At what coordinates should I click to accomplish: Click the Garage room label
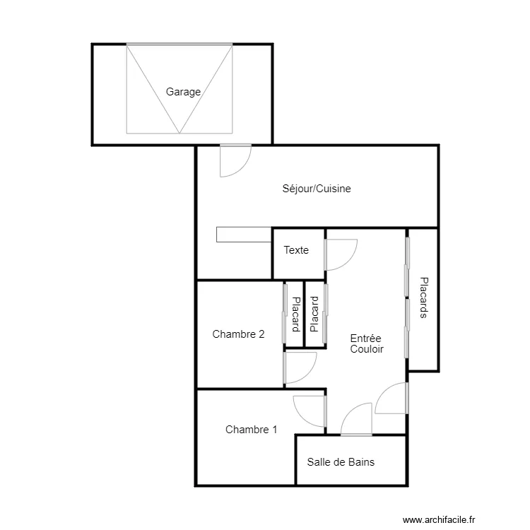[183, 92]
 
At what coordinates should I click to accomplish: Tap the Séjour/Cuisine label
[317, 189]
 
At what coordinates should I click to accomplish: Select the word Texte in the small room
[296, 250]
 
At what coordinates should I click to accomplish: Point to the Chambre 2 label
[238, 334]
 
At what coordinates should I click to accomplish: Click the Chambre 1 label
[251, 429]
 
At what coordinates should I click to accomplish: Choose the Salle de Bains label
[341, 462]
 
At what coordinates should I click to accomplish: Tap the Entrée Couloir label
[366, 343]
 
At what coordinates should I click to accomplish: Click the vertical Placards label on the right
[423, 297]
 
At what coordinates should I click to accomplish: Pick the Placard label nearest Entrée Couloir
[314, 315]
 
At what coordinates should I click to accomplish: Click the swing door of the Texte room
[340, 254]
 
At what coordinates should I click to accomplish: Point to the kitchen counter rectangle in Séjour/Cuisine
[245, 235]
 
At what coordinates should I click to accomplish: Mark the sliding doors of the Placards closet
[407, 297]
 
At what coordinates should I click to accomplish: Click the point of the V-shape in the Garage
[179, 132]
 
